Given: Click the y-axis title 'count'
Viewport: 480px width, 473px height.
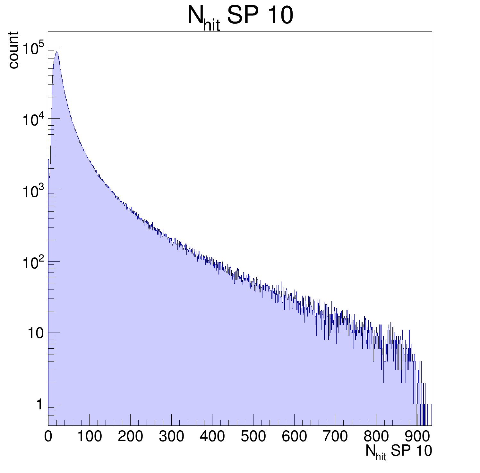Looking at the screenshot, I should [x=13, y=50].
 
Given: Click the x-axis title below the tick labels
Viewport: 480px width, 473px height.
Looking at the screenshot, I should [x=399, y=452].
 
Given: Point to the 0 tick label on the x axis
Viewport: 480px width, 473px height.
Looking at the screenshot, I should [x=48, y=437].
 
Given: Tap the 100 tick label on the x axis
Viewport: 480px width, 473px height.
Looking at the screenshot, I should [x=89, y=437].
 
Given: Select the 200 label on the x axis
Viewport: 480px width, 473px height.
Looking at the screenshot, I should [x=130, y=437].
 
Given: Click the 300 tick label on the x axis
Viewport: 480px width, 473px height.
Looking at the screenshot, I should [x=171, y=437].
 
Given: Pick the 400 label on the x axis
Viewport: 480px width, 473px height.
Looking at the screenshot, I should [x=212, y=437].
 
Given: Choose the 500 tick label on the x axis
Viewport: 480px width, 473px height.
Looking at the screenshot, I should [x=253, y=437].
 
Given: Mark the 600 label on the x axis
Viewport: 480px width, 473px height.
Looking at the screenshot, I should [x=294, y=437].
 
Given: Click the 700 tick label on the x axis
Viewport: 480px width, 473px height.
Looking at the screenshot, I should [x=335, y=437].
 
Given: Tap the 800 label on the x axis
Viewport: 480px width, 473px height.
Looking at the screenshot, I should [x=376, y=437].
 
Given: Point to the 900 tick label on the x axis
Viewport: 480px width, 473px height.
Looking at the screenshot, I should [x=417, y=437].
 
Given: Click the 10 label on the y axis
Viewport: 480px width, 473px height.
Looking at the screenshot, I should [x=35, y=334].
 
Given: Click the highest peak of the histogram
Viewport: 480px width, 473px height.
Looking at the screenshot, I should [x=57, y=52].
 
